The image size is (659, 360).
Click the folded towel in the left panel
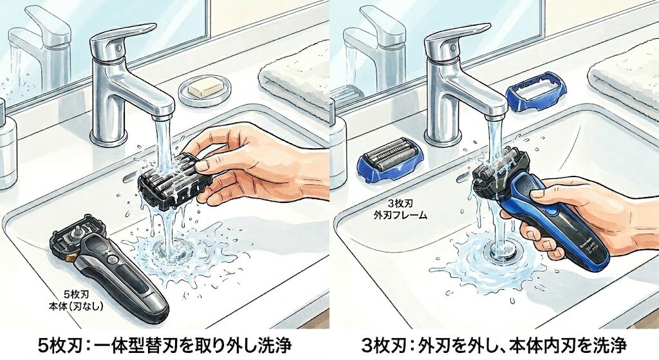pos(293,84)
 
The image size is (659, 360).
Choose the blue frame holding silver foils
pos(389,160)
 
